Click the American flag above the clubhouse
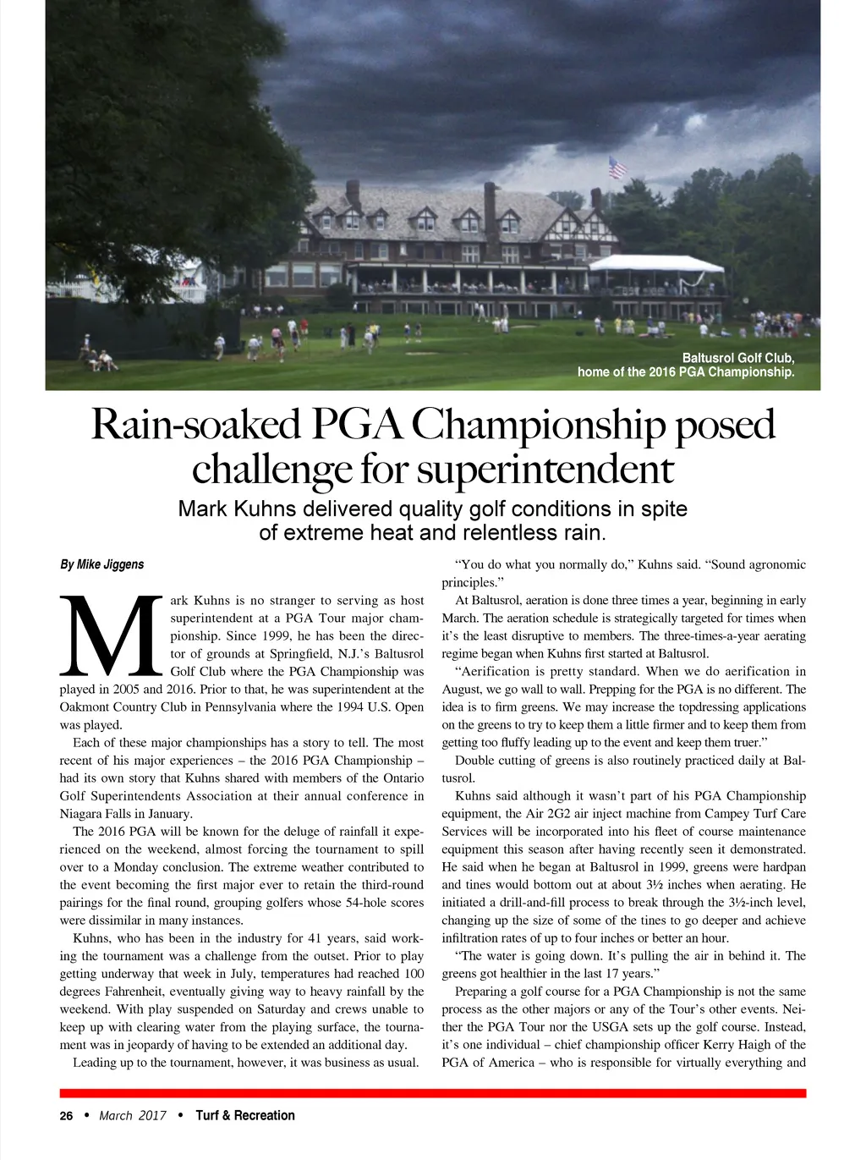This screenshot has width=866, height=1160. [x=617, y=168]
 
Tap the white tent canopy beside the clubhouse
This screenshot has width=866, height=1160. [x=656, y=263]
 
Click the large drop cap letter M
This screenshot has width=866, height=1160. [x=111, y=635]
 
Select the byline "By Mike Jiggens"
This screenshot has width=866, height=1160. [x=101, y=564]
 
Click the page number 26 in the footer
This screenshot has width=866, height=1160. [x=66, y=1116]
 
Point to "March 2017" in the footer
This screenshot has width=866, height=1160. [x=133, y=1116]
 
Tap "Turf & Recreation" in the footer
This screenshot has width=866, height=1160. [x=245, y=1116]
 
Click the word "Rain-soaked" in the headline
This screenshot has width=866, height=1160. [x=195, y=425]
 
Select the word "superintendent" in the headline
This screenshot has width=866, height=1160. [x=545, y=470]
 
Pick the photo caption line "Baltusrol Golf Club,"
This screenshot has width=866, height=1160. [x=738, y=358]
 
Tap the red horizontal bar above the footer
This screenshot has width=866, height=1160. [x=432, y=1093]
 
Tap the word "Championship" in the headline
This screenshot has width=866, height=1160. [x=537, y=425]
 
